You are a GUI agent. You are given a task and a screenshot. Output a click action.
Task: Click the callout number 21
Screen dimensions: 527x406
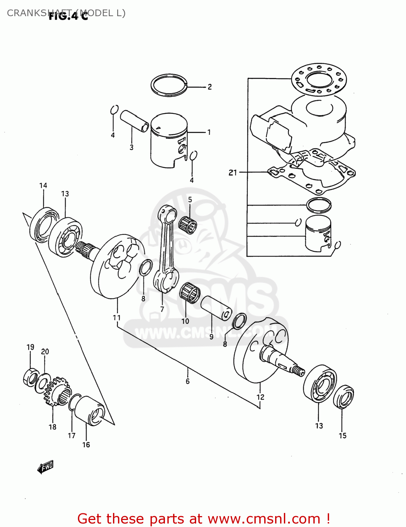pos(233,173)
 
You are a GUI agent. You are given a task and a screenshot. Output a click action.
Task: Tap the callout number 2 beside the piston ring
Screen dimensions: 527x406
pos(209,87)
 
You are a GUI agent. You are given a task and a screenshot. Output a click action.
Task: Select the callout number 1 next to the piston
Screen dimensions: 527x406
pos(209,132)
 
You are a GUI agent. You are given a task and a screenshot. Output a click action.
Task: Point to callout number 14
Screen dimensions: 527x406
pos(43,186)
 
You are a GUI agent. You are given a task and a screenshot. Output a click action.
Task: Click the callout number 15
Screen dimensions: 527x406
pos(342,436)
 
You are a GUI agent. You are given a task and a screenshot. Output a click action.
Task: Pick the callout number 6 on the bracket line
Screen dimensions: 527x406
pos(188,381)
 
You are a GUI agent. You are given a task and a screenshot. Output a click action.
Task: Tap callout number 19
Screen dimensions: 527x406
pos(31,347)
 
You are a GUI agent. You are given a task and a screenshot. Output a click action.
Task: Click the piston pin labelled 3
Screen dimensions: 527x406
pos(134,121)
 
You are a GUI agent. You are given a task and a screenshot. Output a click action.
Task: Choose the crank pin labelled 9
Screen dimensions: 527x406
pos(216,307)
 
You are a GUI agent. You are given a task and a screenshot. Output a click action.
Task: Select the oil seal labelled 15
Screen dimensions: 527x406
pos(343,397)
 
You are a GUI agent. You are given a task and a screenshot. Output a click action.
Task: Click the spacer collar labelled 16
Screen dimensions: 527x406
pos(90,410)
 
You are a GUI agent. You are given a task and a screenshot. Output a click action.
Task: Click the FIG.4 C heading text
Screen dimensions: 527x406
pos(68,16)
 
